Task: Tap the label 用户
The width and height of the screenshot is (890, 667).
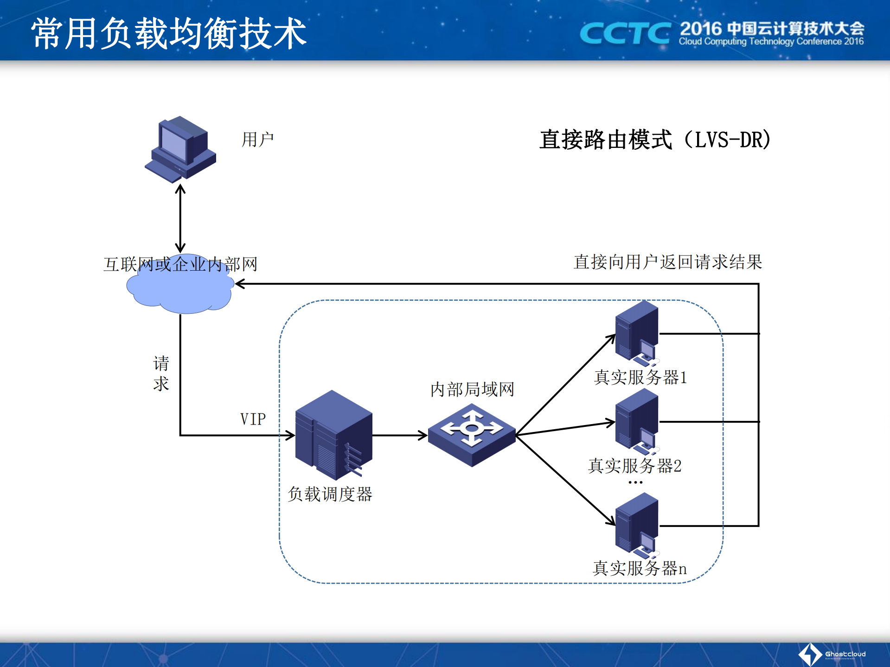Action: tap(257, 140)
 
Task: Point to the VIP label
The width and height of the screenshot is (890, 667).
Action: tap(253, 419)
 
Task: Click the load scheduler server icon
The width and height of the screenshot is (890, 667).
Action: tap(333, 435)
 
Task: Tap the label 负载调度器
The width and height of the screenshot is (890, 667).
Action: tap(330, 494)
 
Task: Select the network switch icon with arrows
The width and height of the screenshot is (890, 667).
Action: tap(472, 435)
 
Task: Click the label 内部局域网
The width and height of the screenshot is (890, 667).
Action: tap(472, 389)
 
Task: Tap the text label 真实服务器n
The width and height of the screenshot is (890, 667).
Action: tap(640, 568)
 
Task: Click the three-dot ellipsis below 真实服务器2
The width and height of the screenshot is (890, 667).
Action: tap(635, 483)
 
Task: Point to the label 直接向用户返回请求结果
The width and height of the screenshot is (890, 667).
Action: tap(667, 262)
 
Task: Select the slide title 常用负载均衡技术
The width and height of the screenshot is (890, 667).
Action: tap(169, 33)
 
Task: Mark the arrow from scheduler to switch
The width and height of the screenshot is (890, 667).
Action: tap(399, 435)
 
